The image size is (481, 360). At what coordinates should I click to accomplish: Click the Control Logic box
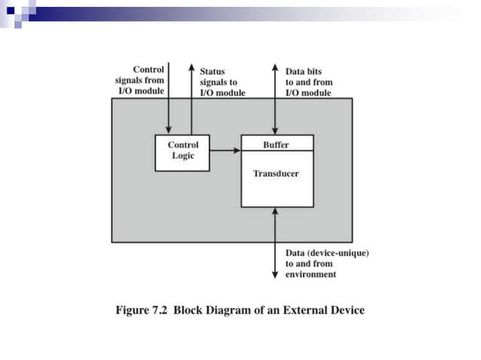tap(182, 151)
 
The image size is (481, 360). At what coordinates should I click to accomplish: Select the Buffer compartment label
tap(276, 144)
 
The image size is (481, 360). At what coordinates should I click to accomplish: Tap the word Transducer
tap(276, 173)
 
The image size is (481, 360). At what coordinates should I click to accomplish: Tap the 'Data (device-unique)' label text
tap(327, 254)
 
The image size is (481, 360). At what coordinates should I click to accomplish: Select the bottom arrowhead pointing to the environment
tap(276, 276)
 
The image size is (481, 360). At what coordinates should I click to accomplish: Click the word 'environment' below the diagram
tap(311, 275)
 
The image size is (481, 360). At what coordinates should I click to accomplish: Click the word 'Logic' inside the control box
tap(182, 156)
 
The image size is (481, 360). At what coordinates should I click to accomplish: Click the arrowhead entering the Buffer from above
tap(276, 132)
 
